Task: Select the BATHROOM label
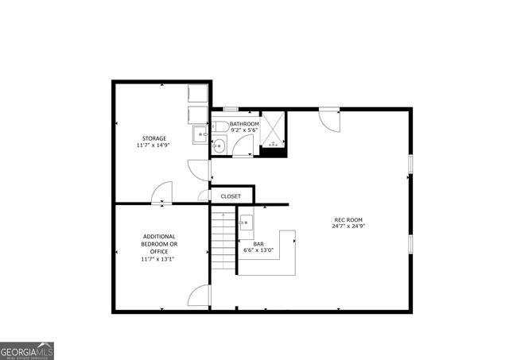point(244,124)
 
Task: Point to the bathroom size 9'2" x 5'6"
point(244,131)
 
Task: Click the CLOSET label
point(231,195)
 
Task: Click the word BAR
point(258,244)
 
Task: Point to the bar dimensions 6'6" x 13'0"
point(258,251)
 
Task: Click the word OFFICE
point(160,251)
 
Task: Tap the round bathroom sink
point(219,145)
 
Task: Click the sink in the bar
point(246,223)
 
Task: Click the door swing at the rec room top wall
point(328,118)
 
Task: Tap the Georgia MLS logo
point(27,350)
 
